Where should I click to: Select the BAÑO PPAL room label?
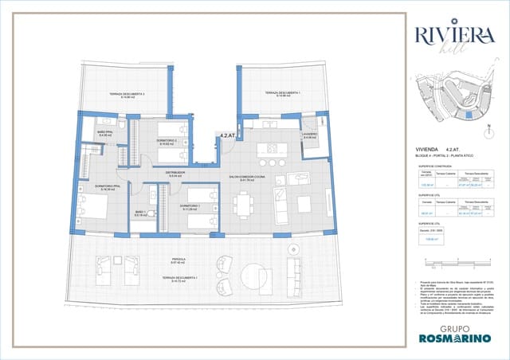(x=105, y=133)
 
